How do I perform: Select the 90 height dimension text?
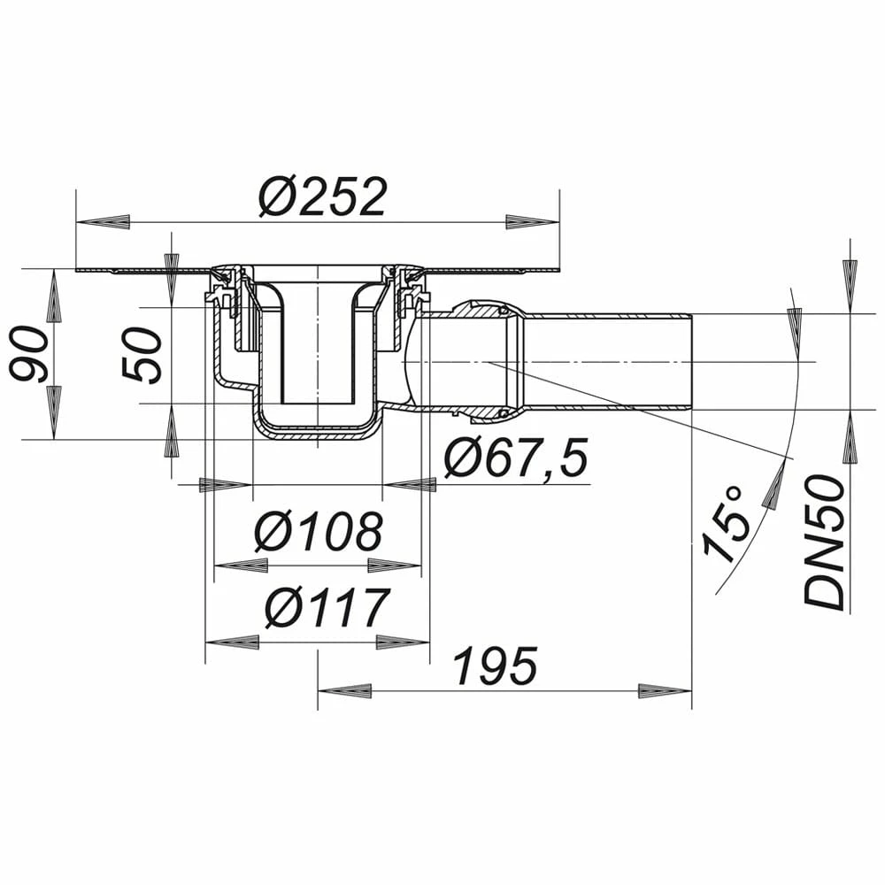point(29,355)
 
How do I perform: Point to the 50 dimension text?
point(142,356)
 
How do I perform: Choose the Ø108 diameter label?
point(319,531)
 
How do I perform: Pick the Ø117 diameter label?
point(328,607)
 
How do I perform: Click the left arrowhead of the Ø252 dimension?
point(104,221)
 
